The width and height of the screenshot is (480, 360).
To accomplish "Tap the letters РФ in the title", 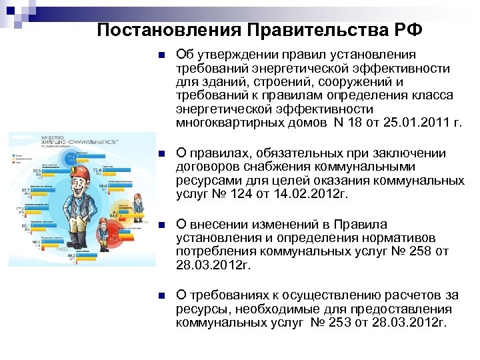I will click(409, 30).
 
